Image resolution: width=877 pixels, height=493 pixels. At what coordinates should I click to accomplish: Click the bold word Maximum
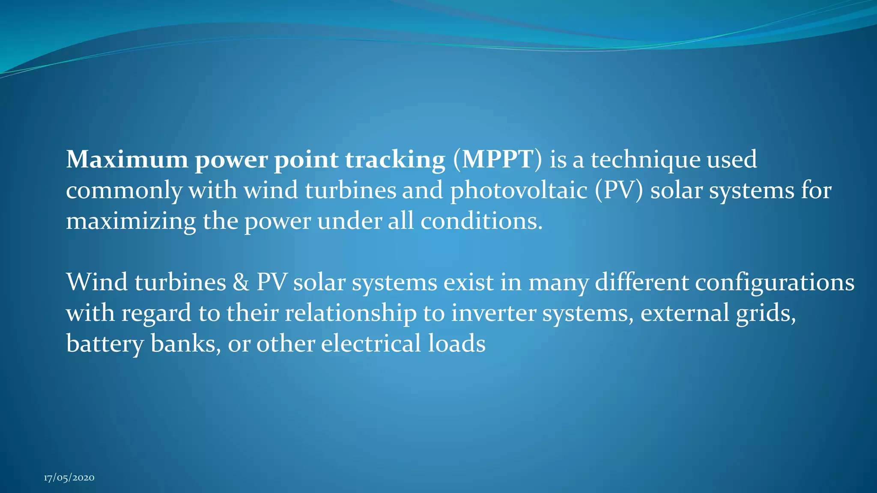pyautogui.click(x=127, y=160)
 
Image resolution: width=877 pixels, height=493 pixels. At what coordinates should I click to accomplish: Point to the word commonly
pyautogui.click(x=124, y=191)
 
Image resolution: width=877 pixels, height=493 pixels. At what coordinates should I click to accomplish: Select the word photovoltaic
pyautogui.click(x=518, y=191)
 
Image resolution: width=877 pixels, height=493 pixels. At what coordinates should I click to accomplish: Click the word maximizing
pyautogui.click(x=131, y=222)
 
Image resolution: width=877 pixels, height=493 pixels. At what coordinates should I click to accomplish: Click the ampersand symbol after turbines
pyautogui.click(x=241, y=283)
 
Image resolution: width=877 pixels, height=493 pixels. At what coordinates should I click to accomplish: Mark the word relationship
pyautogui.click(x=350, y=314)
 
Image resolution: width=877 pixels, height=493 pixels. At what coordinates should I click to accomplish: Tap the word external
pyautogui.click(x=684, y=314)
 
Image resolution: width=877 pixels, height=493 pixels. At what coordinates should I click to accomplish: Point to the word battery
pyautogui.click(x=104, y=345)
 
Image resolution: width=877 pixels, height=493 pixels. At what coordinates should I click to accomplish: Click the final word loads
pyautogui.click(x=456, y=344)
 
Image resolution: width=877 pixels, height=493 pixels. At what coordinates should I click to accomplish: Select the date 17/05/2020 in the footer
pyautogui.click(x=69, y=478)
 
